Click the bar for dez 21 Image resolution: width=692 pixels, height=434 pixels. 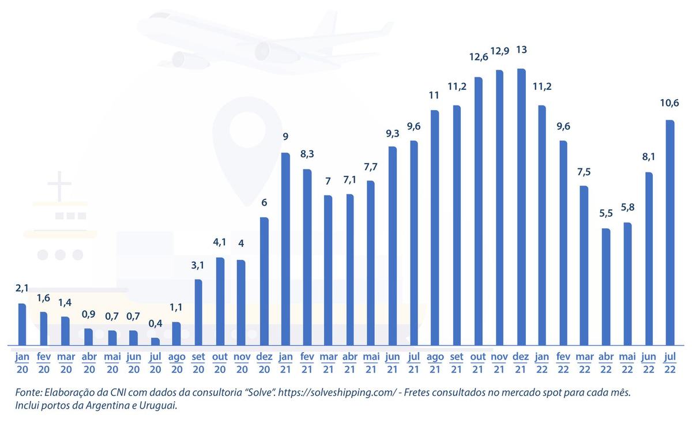pos(521,207)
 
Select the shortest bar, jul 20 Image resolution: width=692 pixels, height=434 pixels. pos(155,341)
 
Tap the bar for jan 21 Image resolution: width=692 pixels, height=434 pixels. pos(285,249)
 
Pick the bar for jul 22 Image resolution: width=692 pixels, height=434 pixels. pos(670,232)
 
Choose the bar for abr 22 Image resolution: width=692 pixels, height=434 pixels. pos(606,287)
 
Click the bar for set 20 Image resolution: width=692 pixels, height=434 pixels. pos(198,312)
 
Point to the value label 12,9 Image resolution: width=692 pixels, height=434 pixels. pos(499,51)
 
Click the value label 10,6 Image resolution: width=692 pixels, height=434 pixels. pos(670,103)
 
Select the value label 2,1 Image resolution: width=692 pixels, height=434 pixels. pos(22,288)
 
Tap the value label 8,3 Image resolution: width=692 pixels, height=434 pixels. pos(307,153)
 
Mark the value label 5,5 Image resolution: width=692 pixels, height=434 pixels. pos(606,213)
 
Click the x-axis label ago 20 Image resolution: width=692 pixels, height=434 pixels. pos(176,363)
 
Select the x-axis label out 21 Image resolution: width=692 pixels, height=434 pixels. pos(478,363)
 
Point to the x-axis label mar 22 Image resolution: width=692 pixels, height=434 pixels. pos(585,363)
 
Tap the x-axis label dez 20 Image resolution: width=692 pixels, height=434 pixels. pos(264,363)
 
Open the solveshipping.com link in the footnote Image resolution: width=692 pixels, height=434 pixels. pos(337,393)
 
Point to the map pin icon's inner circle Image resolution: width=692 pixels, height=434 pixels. pos(247,128)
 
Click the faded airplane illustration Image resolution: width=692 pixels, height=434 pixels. pos(265,41)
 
